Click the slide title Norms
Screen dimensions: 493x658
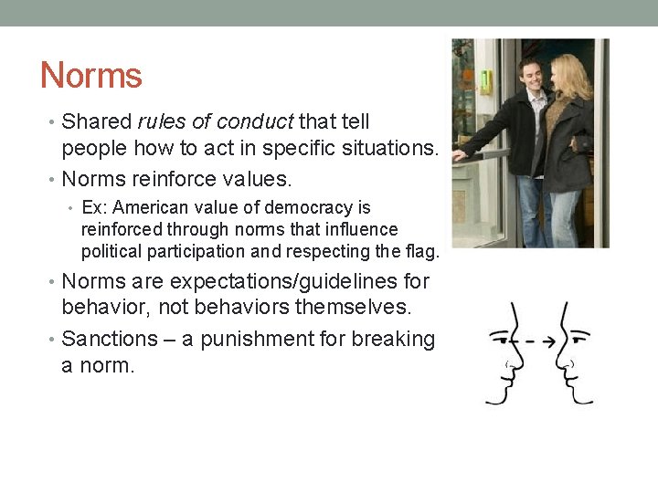click(91, 75)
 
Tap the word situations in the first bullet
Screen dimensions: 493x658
click(387, 147)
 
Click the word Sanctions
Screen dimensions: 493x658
click(110, 339)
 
